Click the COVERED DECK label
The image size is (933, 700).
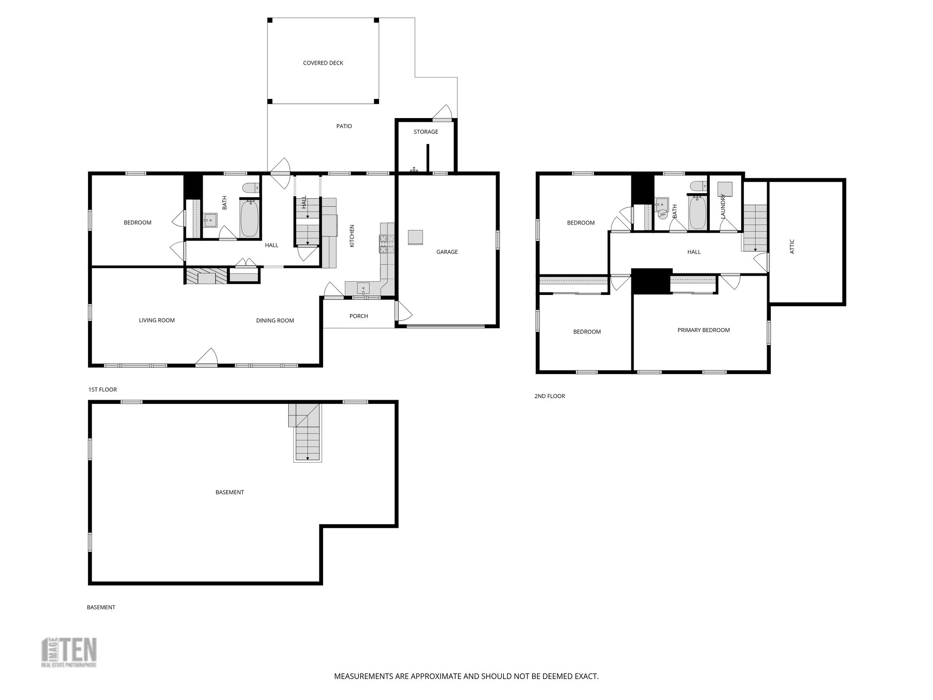click(x=323, y=63)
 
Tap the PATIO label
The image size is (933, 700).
click(x=344, y=126)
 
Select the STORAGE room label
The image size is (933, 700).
click(x=425, y=132)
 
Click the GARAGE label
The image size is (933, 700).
click(x=446, y=252)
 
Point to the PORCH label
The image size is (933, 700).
click(x=359, y=316)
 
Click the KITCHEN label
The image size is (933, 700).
click(x=352, y=236)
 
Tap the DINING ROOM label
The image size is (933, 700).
click(x=275, y=320)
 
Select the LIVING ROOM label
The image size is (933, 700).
click(x=157, y=320)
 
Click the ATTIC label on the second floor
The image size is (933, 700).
click(x=792, y=247)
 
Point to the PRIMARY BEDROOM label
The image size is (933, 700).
click(x=703, y=330)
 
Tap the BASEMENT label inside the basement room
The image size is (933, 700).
click(x=230, y=492)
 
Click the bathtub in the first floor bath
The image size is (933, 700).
click(x=249, y=219)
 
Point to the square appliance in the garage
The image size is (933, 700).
click(x=415, y=237)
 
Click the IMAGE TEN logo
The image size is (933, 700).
click(x=69, y=652)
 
